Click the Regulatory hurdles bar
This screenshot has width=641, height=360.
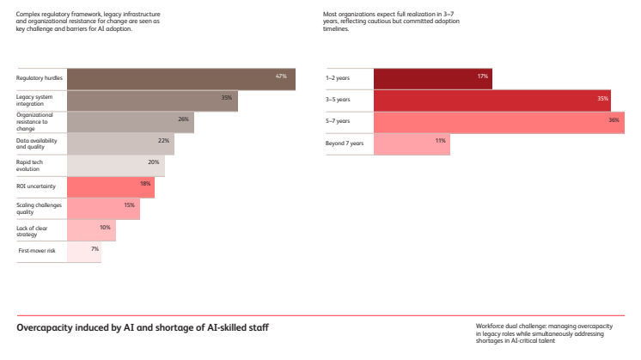tap(180, 79)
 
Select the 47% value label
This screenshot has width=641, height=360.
tap(280, 76)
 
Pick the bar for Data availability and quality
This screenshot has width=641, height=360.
tap(120, 143)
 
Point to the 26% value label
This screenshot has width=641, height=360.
tap(183, 119)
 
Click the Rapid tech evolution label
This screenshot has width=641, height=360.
tap(29, 165)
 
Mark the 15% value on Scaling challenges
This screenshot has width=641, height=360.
tap(129, 204)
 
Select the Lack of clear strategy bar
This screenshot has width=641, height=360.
tap(91, 229)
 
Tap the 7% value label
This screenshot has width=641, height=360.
tap(95, 248)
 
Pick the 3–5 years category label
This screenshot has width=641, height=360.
tap(338, 100)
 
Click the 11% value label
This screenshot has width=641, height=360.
tap(440, 140)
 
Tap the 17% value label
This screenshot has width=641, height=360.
tap(483, 76)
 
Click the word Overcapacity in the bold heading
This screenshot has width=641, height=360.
tap(45, 327)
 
